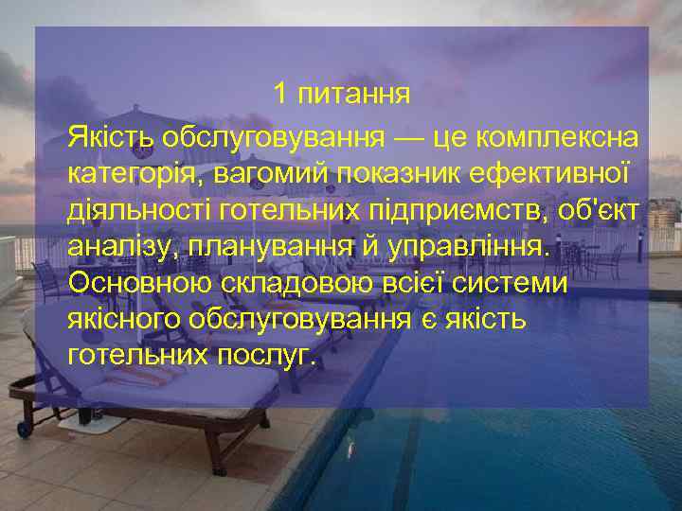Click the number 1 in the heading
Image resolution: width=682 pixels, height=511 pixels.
[279, 95]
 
